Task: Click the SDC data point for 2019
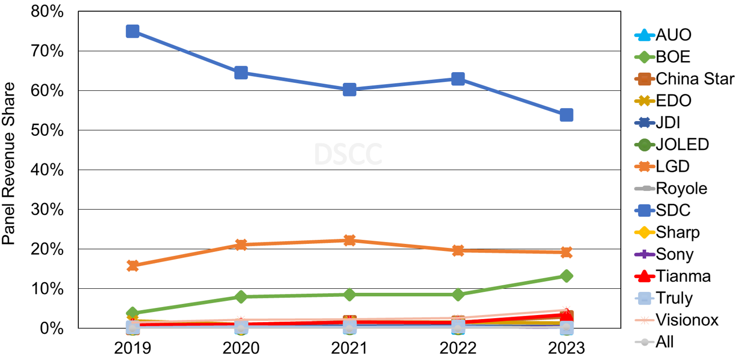(132, 31)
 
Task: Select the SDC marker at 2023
(566, 115)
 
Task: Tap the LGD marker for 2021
(349, 240)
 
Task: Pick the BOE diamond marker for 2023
(566, 276)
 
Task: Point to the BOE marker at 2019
(132, 313)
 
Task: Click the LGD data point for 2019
(132, 266)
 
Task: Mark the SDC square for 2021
(349, 90)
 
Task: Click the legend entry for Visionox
(687, 320)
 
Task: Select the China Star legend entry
(695, 79)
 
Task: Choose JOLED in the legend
(682, 144)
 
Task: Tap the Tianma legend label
(683, 276)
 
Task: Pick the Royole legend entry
(681, 188)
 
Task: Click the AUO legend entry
(673, 35)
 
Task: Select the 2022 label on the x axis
(458, 348)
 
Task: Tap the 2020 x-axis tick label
(241, 348)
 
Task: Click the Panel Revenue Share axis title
(9, 163)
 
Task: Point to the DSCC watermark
(348, 155)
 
